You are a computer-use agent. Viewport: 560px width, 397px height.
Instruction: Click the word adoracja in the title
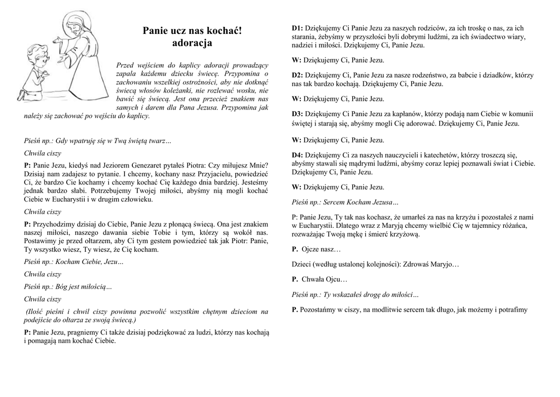click(192, 43)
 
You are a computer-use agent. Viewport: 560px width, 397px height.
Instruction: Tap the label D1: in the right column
click(297, 28)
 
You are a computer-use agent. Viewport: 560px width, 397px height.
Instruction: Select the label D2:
click(297, 75)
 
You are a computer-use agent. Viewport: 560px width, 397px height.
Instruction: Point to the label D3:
click(297, 114)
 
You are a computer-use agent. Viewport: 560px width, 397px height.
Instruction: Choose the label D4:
click(297, 155)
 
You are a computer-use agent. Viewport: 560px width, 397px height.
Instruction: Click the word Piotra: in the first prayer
click(200, 165)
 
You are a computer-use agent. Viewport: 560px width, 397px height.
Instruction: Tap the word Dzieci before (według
click(302, 264)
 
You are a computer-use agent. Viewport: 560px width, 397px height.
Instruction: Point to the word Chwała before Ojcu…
click(313, 279)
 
